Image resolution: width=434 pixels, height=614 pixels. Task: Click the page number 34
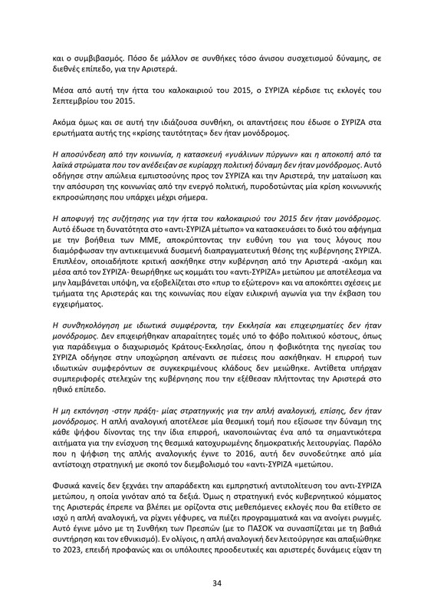[217, 563]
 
